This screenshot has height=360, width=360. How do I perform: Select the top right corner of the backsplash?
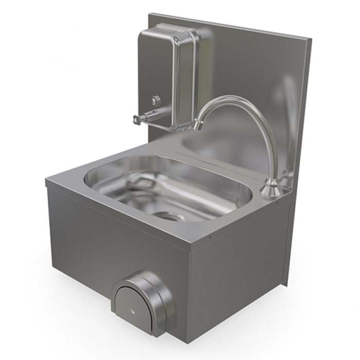click(x=311, y=38)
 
